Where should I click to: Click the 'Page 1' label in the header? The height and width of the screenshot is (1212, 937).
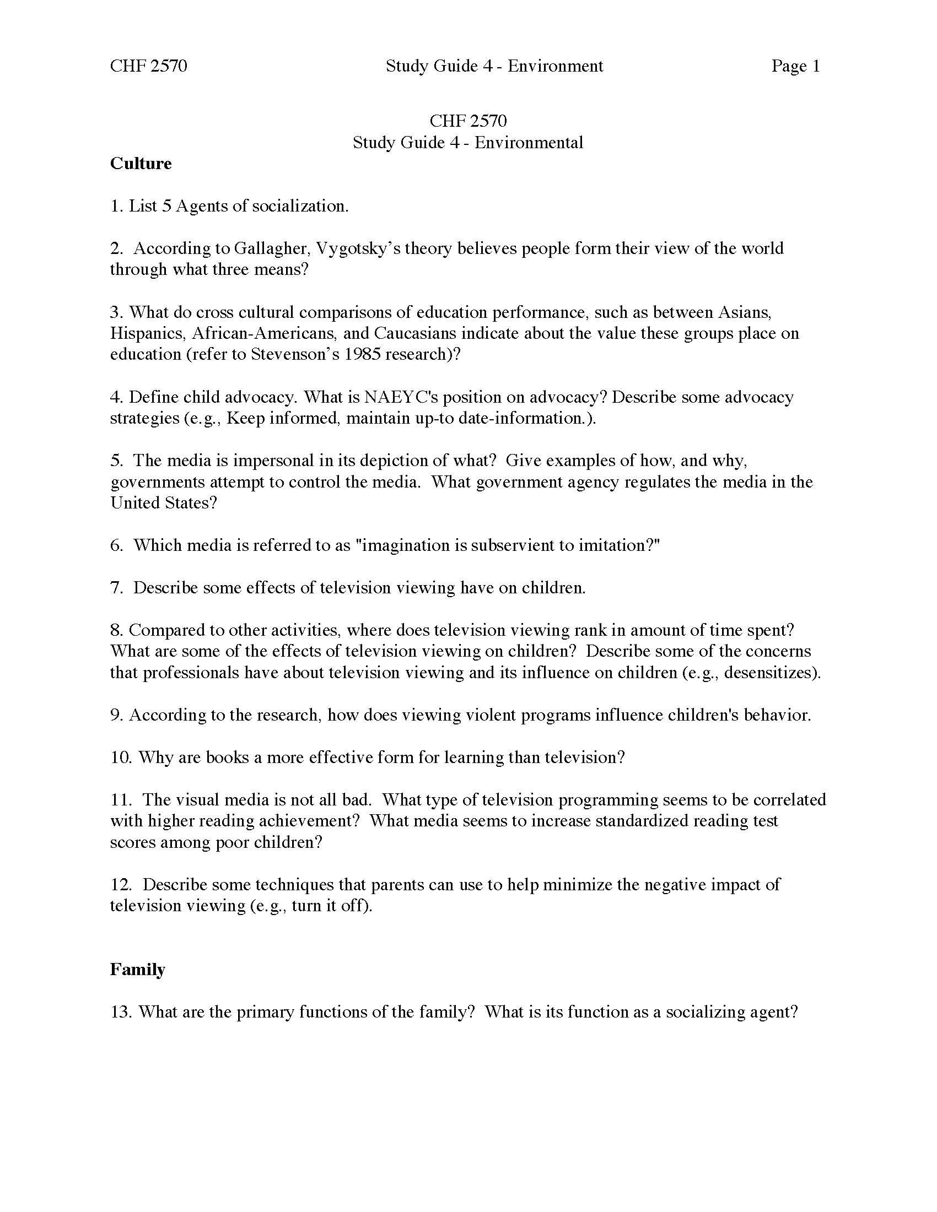795,66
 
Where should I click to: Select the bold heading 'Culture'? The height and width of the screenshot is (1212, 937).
141,164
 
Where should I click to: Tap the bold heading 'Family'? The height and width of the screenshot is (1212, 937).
138,970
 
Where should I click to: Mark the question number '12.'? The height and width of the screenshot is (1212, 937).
122,885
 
